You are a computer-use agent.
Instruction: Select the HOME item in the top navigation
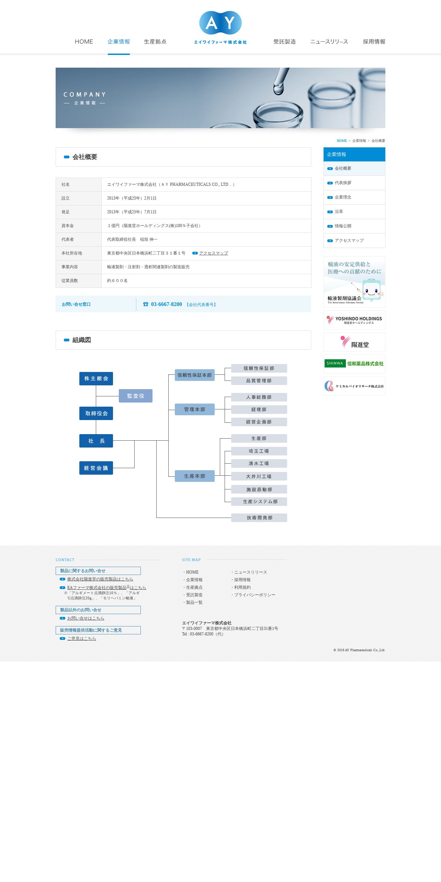click(x=84, y=42)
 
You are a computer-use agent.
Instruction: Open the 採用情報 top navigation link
click(x=374, y=42)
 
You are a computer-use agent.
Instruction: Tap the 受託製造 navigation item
click(x=284, y=42)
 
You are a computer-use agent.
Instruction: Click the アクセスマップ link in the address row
click(x=213, y=253)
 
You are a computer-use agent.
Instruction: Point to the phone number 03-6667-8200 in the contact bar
click(x=166, y=304)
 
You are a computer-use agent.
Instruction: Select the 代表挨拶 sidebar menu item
click(x=343, y=183)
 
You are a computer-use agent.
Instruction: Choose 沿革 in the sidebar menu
click(x=339, y=212)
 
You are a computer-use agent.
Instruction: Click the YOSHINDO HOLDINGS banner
click(x=354, y=320)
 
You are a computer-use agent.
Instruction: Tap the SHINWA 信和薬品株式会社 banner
click(x=354, y=364)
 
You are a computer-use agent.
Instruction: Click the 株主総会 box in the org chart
click(x=96, y=378)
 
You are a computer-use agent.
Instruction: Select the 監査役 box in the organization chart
click(x=136, y=396)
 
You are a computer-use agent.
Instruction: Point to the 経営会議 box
click(x=96, y=468)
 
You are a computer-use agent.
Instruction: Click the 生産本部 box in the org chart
click(x=194, y=476)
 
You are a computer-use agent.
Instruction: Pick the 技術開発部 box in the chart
click(x=259, y=518)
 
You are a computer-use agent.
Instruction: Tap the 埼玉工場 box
click(x=259, y=451)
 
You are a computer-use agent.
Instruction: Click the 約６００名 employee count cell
click(x=117, y=281)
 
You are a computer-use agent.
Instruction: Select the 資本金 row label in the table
click(x=68, y=226)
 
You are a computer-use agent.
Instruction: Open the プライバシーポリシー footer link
click(x=255, y=595)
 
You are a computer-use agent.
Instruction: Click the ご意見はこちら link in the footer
click(x=81, y=638)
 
